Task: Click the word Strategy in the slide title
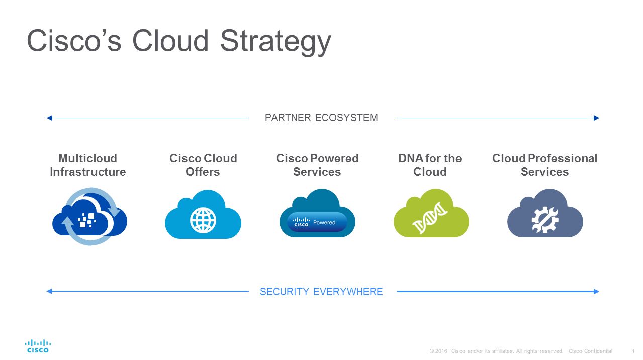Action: (x=275, y=41)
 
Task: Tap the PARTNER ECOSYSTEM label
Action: (x=321, y=118)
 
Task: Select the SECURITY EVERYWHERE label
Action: (x=321, y=292)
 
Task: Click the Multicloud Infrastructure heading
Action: (x=88, y=165)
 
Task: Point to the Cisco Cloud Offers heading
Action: (x=203, y=165)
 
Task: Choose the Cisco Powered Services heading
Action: (x=317, y=165)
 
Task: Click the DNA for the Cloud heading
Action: (x=430, y=165)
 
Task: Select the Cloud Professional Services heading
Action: (x=545, y=165)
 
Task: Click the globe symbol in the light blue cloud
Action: (x=203, y=220)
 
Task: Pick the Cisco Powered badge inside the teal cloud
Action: (x=317, y=222)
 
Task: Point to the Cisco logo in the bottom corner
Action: (x=38, y=346)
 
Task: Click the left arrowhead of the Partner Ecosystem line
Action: (x=49, y=118)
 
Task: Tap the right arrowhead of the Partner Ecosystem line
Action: (x=596, y=118)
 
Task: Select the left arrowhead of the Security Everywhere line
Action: (x=49, y=291)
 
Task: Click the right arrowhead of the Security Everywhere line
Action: (x=596, y=291)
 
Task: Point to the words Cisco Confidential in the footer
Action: (x=590, y=351)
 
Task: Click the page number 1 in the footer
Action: (x=633, y=351)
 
